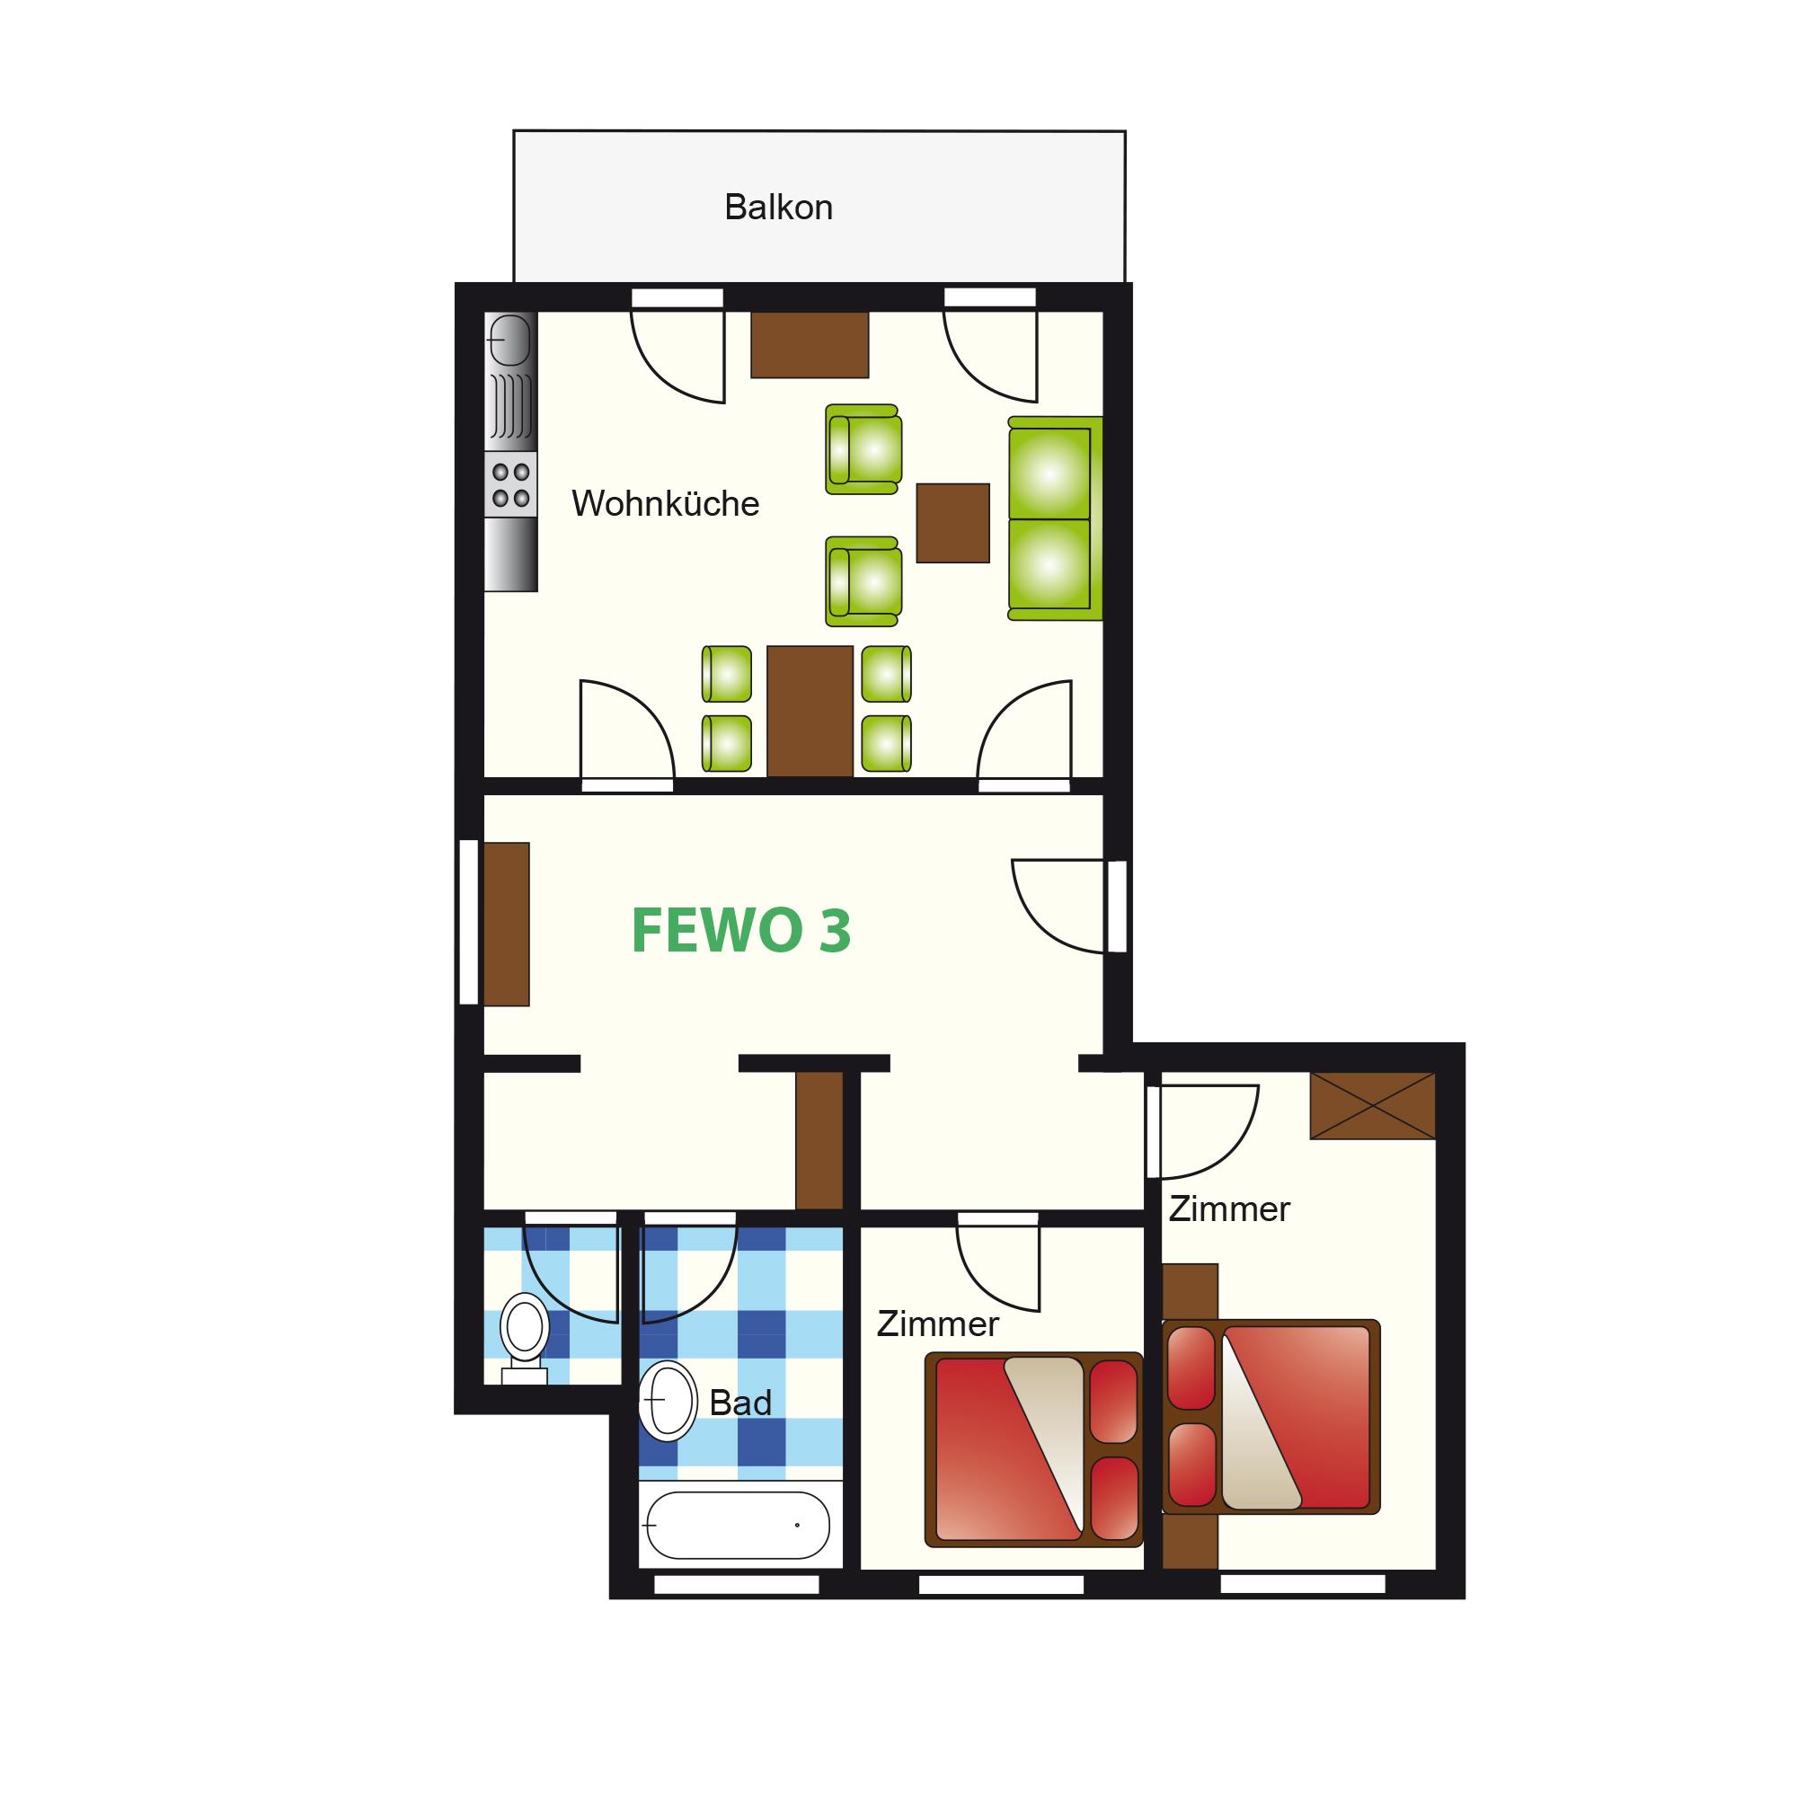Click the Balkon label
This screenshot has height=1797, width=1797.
777,207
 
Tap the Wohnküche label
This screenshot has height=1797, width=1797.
665,503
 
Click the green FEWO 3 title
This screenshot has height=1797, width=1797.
741,930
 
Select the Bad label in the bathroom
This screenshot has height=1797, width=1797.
740,1403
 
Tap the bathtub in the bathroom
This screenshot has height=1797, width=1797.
738,1526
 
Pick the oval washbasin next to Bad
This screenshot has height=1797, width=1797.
668,1401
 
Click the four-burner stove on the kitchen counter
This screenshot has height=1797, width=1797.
510,485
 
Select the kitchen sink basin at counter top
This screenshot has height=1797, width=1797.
509,340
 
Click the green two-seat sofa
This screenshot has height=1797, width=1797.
1055,518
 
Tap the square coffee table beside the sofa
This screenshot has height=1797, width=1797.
952,523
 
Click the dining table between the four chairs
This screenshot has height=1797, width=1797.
810,712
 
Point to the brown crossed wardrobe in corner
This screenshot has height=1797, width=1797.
1373,1106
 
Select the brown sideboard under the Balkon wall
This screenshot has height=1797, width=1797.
810,344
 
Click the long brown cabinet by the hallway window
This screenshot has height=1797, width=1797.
506,924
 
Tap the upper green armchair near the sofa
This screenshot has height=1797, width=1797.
863,449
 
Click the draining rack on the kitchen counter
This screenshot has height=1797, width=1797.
510,406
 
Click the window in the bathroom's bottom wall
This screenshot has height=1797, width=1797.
737,1584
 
